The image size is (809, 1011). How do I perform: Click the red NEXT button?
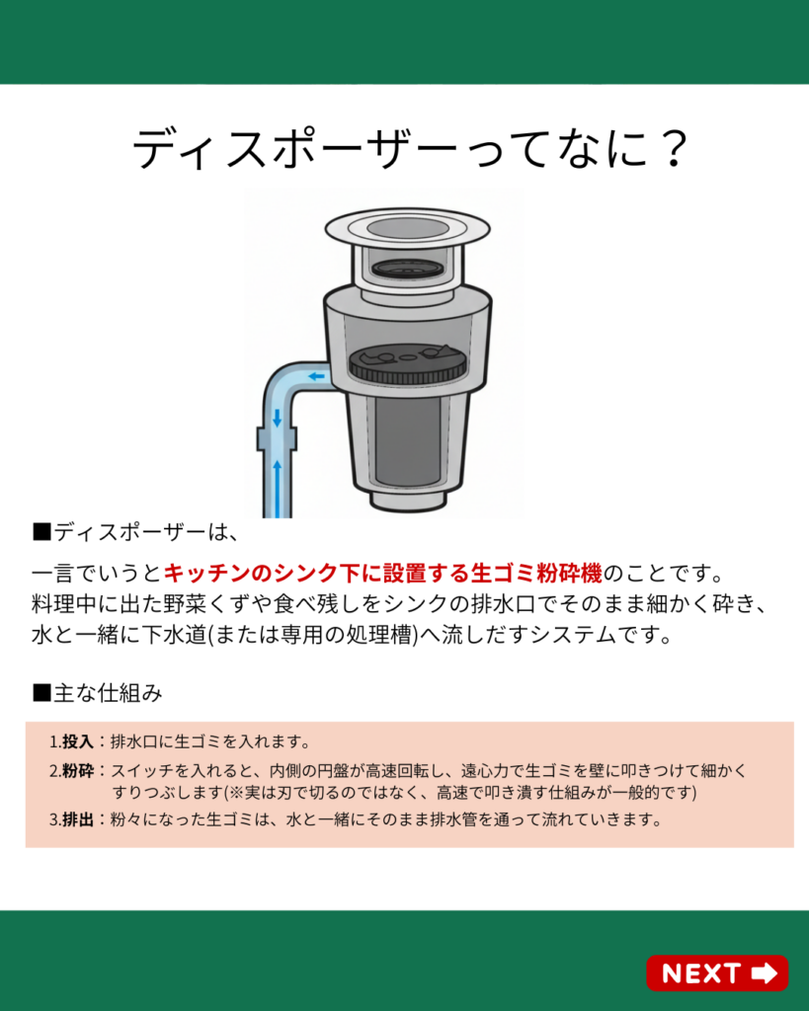pyautogui.click(x=717, y=972)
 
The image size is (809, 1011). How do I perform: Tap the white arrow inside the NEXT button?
pyautogui.click(x=765, y=972)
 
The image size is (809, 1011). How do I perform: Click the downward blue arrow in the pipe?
pyautogui.click(x=278, y=418)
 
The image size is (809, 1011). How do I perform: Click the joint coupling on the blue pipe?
pyautogui.click(x=278, y=438)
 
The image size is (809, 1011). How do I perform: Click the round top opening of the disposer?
pyautogui.click(x=407, y=228)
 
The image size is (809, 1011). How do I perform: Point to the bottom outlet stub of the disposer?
pyautogui.click(x=408, y=499)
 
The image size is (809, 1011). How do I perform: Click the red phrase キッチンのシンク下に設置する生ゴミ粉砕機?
pyautogui.click(x=382, y=573)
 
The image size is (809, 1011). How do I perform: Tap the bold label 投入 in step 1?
pyautogui.click(x=78, y=741)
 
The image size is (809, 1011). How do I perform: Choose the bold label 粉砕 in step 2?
pyautogui.click(x=78, y=770)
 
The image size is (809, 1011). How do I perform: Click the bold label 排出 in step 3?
pyautogui.click(x=78, y=819)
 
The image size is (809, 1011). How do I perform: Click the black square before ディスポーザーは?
pyautogui.click(x=41, y=532)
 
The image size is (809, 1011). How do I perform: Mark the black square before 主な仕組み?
pyautogui.click(x=41, y=693)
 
